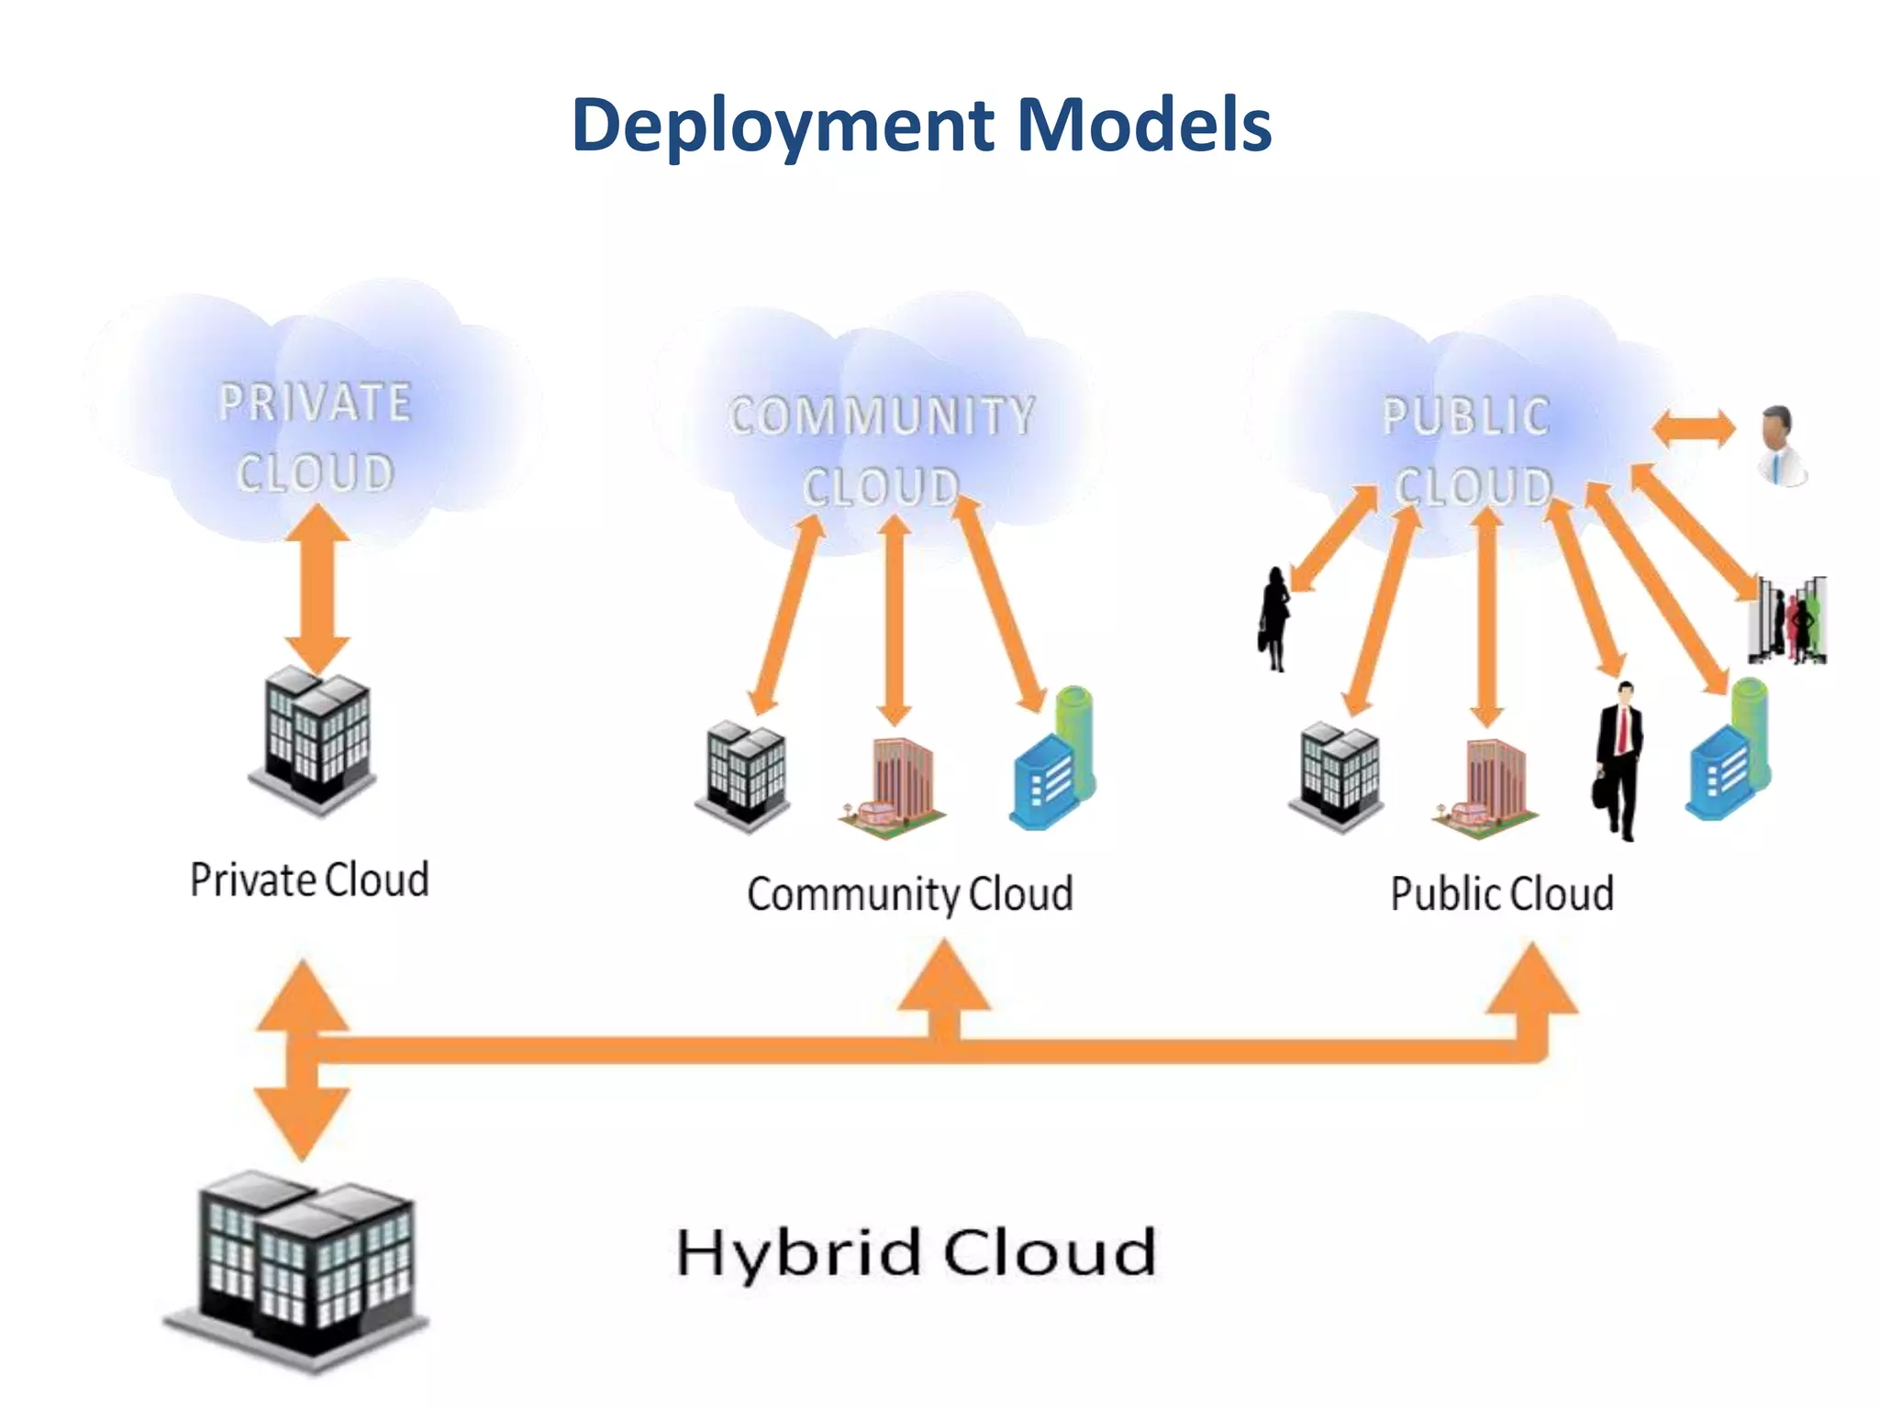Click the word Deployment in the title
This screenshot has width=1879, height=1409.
(784, 126)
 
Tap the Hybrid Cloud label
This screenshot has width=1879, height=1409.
(916, 1254)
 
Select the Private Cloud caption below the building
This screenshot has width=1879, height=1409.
(309, 879)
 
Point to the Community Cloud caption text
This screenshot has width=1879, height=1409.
(910, 894)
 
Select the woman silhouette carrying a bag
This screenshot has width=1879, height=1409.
(1273, 619)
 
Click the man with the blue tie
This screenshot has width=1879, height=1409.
(1781, 446)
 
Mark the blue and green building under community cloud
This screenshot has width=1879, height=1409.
(1053, 759)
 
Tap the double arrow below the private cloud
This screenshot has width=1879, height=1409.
(317, 589)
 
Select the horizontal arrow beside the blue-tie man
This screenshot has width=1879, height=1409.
(1694, 429)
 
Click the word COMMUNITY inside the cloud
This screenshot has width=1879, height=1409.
(882, 416)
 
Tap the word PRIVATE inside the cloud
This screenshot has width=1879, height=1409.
(315, 402)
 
